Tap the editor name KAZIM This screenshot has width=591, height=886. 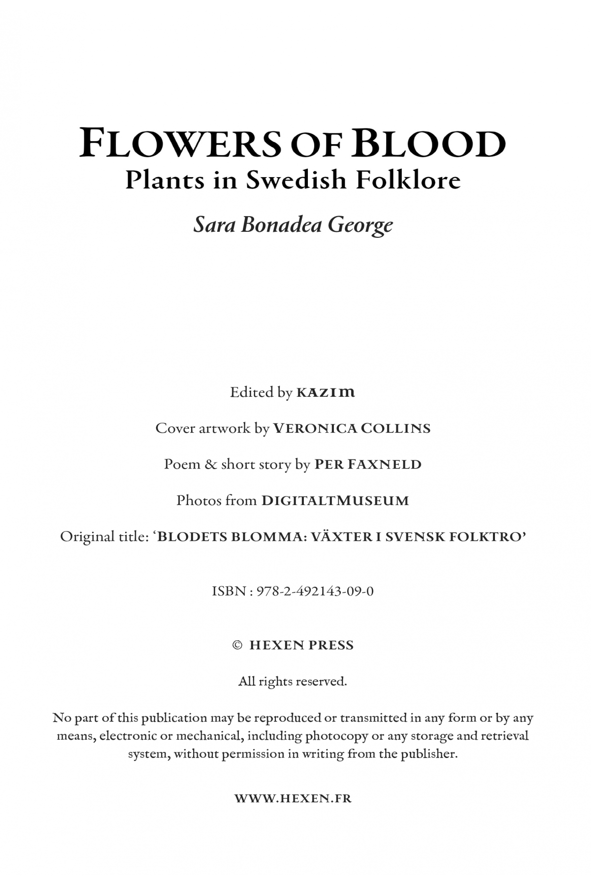point(326,393)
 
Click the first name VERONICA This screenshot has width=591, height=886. point(315,429)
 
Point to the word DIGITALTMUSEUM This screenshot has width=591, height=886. point(335,501)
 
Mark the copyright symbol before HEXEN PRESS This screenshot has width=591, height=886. point(237,645)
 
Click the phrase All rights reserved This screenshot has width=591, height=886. point(293,682)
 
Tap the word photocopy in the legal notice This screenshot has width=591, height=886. point(336,736)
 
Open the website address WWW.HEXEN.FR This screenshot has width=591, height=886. point(293,798)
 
